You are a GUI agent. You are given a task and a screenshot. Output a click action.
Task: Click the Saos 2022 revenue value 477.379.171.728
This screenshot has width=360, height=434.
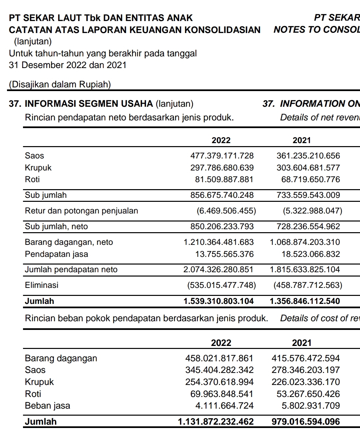pos(222,156)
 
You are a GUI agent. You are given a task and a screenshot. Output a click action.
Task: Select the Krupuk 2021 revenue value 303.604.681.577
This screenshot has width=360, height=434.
pos(308,168)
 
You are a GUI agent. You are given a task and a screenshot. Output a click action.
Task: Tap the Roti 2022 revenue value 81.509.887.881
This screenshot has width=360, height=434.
pos(224,179)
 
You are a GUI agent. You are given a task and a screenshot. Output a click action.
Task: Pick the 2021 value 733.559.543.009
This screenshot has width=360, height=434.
pos(308,195)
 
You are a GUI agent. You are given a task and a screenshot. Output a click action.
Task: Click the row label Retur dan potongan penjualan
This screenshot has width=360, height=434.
pos(81,211)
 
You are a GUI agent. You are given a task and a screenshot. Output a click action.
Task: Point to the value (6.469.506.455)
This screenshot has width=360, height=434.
pos(226,211)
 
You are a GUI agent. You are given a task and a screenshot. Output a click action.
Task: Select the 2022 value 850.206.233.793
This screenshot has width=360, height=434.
pos(222,227)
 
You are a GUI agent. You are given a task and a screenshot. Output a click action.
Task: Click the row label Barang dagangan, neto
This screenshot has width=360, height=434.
pos(69,242)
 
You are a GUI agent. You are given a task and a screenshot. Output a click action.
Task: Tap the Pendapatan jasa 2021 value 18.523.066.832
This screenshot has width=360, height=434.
pos(311,254)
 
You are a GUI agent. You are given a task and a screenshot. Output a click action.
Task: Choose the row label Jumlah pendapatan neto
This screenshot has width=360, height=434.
pos(71,270)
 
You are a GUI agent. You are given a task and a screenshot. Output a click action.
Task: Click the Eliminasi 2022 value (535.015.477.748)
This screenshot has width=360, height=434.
pos(222,285)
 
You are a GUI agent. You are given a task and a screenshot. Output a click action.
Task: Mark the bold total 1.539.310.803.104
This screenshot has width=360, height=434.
pos(218,301)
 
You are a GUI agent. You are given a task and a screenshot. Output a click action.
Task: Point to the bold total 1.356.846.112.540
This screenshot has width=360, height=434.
pos(305,301)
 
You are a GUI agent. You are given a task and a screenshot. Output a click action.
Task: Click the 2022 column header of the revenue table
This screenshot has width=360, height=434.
pos(221,140)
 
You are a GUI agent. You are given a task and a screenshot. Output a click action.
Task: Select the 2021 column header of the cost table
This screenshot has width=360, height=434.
pos(301,343)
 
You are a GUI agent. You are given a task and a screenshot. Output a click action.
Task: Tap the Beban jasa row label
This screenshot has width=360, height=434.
pos(47,406)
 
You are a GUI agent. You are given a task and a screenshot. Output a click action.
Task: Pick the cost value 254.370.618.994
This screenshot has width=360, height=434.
pos(219,382)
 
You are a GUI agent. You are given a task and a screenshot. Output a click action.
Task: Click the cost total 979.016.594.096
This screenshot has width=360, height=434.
pos(306,422)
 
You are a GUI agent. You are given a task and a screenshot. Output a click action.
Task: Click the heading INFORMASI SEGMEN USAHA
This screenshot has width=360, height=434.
pos(89,104)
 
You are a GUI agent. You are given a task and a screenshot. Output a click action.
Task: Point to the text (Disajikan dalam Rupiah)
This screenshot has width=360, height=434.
pos(60,84)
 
